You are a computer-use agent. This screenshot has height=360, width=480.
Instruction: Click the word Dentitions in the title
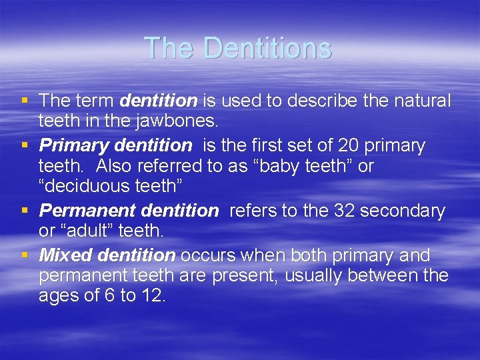(x=267, y=48)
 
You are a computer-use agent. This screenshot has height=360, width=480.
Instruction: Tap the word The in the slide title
(x=171, y=48)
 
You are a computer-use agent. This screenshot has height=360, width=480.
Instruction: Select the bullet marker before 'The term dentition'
(x=25, y=101)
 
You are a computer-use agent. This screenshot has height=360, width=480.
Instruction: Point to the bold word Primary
(x=70, y=145)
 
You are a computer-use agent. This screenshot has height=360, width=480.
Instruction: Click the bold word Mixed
(x=66, y=255)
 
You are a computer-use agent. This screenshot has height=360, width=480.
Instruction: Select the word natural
(x=421, y=101)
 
